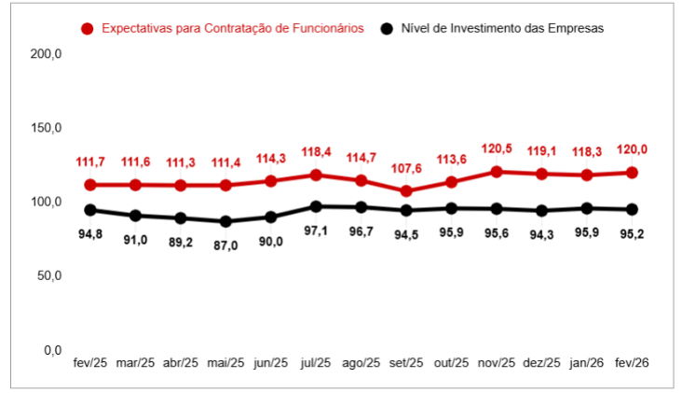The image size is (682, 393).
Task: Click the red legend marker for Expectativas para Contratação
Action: (x=88, y=29)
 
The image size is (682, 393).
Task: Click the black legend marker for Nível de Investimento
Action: (x=386, y=29)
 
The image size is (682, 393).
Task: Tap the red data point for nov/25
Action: (x=497, y=172)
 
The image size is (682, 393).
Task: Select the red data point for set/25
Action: (x=406, y=191)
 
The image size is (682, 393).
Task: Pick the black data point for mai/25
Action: (x=225, y=221)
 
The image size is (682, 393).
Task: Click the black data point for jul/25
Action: (x=316, y=206)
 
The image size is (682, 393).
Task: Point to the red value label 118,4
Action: (x=316, y=152)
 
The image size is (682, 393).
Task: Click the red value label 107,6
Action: (x=406, y=168)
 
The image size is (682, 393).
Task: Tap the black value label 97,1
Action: (x=316, y=230)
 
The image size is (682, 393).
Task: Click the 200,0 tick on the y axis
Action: (x=46, y=54)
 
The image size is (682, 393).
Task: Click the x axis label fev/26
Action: (x=632, y=364)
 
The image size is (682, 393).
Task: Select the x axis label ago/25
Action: (x=361, y=364)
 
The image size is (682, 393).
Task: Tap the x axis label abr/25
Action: (x=181, y=364)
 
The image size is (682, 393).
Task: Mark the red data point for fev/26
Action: (x=632, y=173)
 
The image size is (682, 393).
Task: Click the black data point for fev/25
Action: (x=90, y=210)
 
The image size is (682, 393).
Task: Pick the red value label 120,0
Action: (x=632, y=149)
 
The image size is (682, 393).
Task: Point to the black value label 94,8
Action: (x=90, y=233)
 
